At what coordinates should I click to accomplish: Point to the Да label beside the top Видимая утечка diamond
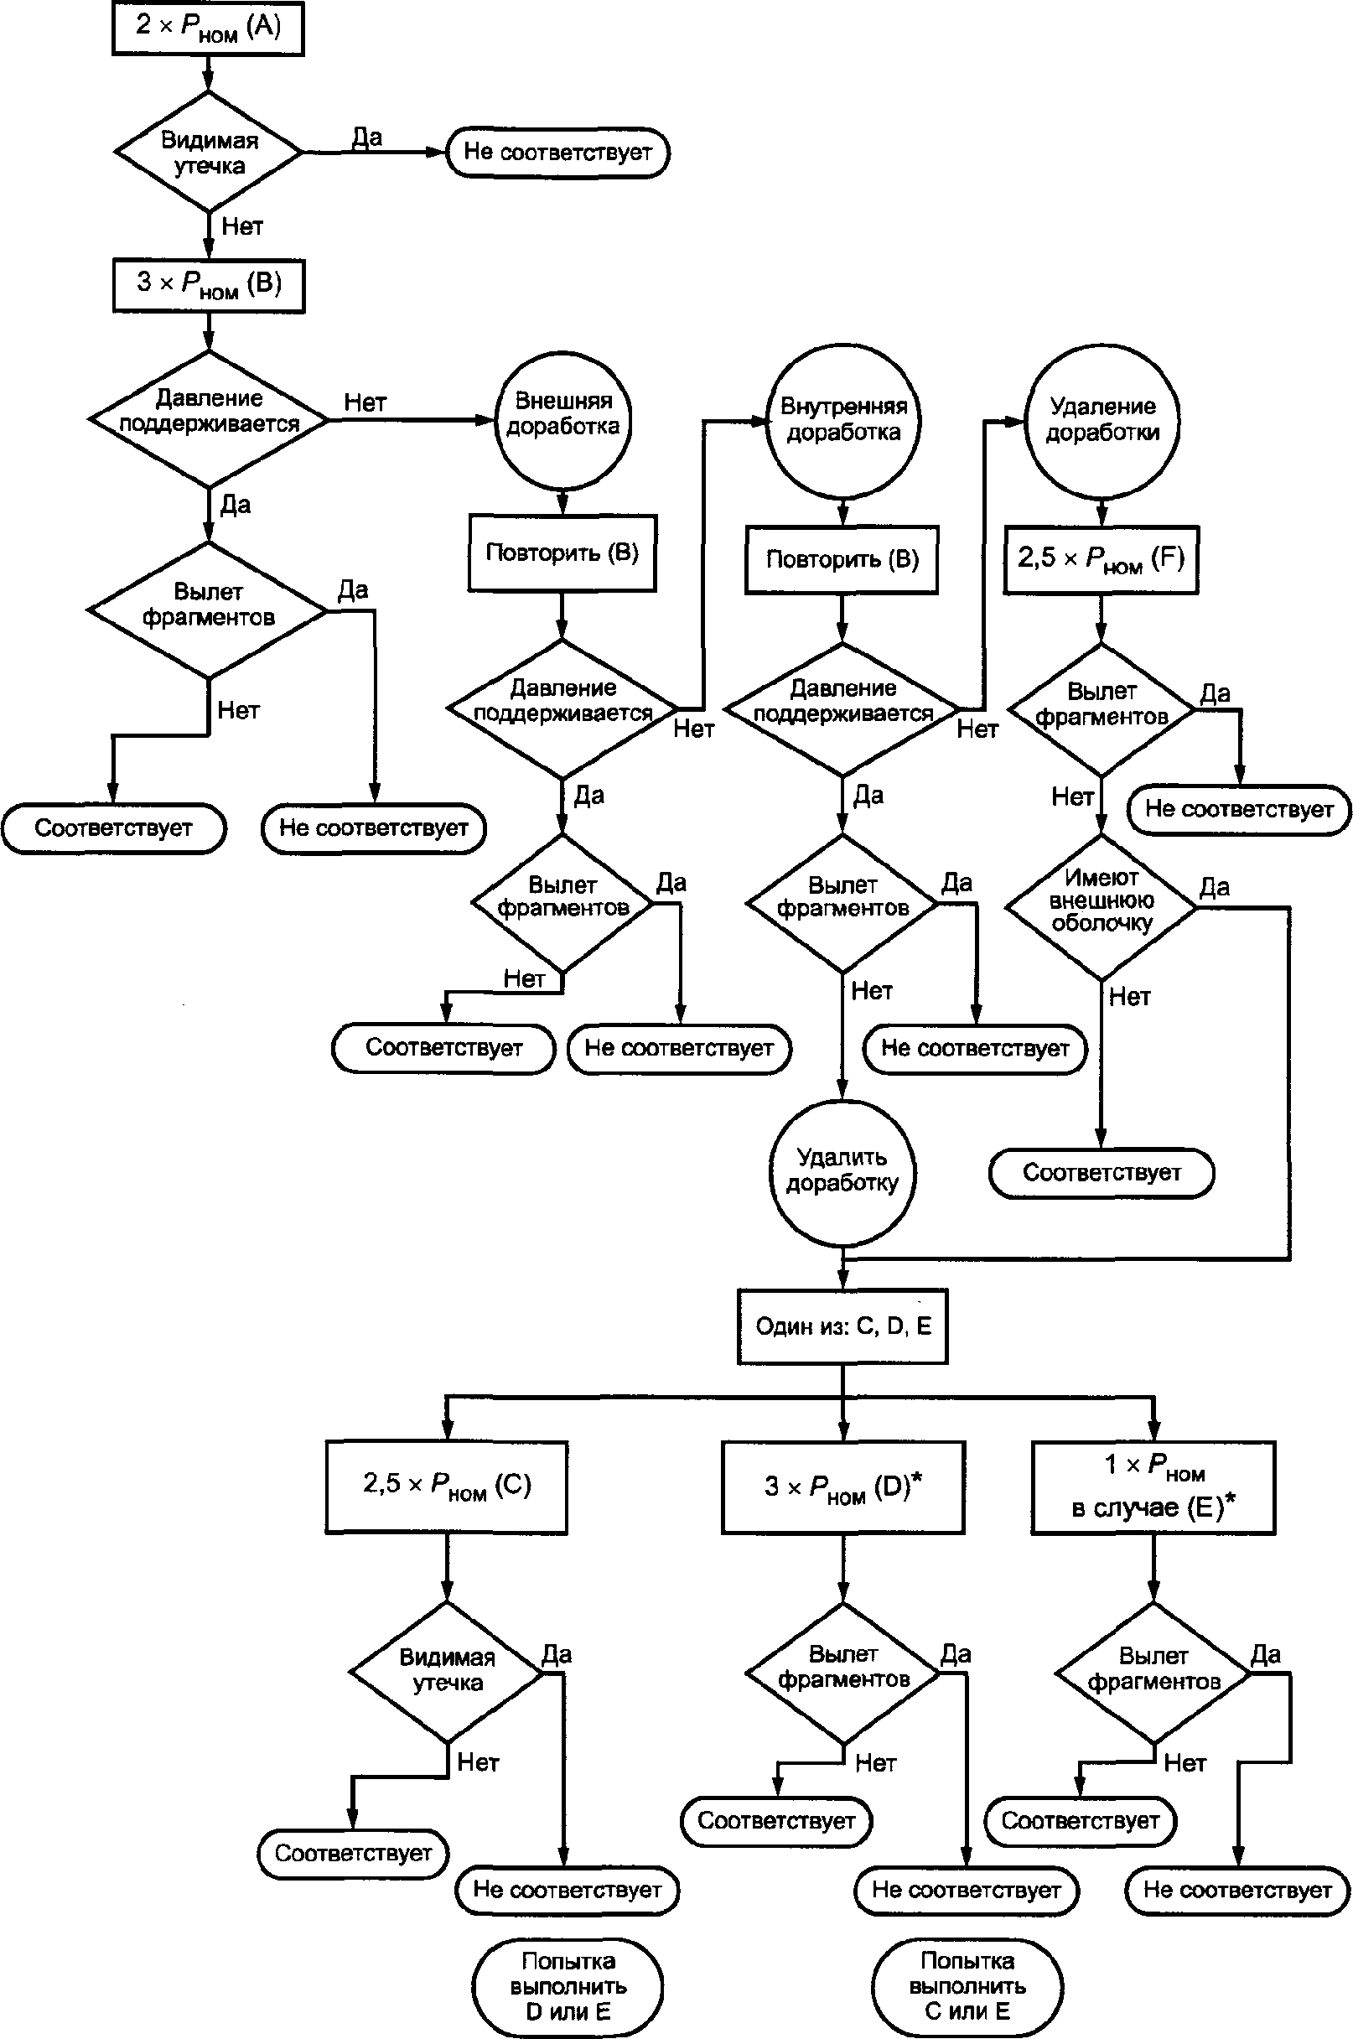(366, 137)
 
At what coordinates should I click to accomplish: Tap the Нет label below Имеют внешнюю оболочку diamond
(1129, 997)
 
